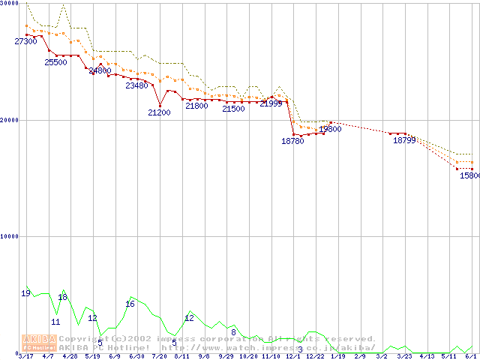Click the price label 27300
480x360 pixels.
(x=25, y=41)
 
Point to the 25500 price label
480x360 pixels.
(x=55, y=62)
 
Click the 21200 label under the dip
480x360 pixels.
(x=159, y=112)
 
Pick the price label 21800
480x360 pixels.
(x=196, y=106)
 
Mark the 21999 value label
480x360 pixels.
(x=271, y=103)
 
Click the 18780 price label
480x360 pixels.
(x=292, y=140)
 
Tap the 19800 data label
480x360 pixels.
(x=330, y=129)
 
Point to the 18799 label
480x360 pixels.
(x=404, y=139)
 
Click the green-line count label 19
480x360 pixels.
(x=25, y=293)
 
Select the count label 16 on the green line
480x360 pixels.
(x=130, y=304)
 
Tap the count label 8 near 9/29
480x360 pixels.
(x=233, y=331)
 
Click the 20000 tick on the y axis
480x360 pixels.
(x=10, y=120)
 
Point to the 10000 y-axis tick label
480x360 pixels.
(x=10, y=236)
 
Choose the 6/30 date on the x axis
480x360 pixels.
(x=136, y=357)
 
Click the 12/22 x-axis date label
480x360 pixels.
(x=314, y=357)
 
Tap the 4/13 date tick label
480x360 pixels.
(x=426, y=357)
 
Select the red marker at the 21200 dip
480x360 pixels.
(x=160, y=105)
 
